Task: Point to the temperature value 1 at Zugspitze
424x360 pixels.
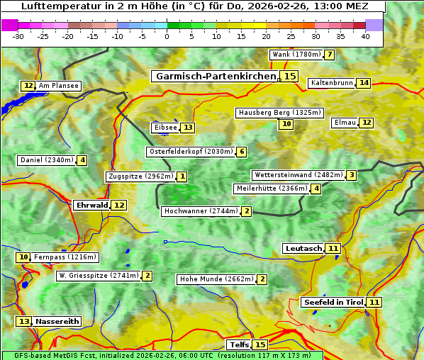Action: (x=182, y=176)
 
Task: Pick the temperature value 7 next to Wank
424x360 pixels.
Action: (x=329, y=55)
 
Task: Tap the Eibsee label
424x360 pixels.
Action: (x=164, y=128)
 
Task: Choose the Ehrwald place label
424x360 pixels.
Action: (x=91, y=205)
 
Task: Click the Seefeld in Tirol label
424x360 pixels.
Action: (x=333, y=302)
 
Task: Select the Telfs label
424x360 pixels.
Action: (x=239, y=344)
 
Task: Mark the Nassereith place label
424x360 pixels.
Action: (x=57, y=321)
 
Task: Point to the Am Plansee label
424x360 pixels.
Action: (x=58, y=86)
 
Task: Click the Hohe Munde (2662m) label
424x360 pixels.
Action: (x=216, y=279)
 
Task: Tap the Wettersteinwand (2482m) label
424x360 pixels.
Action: (x=298, y=175)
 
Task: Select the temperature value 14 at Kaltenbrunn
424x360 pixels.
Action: (x=363, y=83)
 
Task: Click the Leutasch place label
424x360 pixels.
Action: (x=303, y=248)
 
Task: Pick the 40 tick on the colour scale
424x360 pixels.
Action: (x=365, y=36)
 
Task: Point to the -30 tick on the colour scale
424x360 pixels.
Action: (x=19, y=36)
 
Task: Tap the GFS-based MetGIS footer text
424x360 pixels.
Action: (x=162, y=355)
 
